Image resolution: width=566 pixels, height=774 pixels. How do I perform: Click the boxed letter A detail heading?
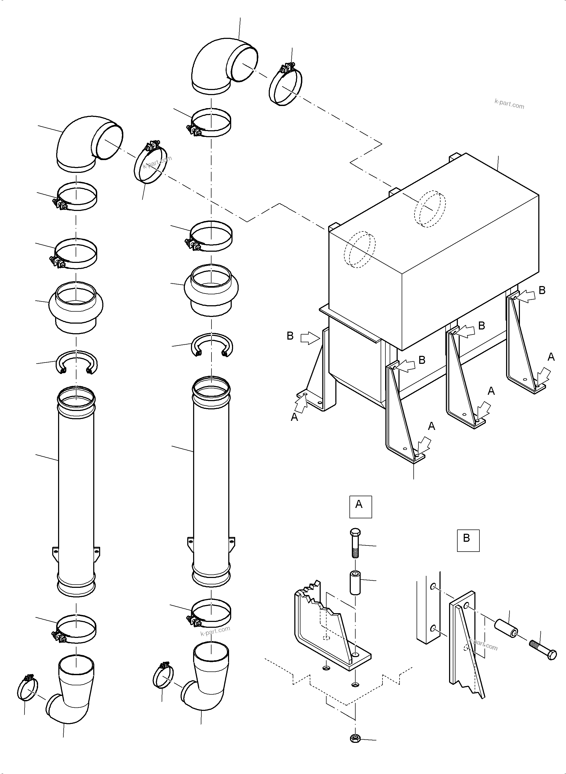pos(360,506)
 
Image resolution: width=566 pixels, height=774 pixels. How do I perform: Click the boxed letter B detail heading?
pos(468,541)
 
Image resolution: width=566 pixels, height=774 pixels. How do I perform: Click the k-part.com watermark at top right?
pos(509,103)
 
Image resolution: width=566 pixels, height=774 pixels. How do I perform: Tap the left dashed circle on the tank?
pos(360,249)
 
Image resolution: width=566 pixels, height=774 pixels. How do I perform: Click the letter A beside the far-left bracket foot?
pos(294,417)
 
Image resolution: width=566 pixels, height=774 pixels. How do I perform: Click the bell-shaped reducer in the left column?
pos(76,306)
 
